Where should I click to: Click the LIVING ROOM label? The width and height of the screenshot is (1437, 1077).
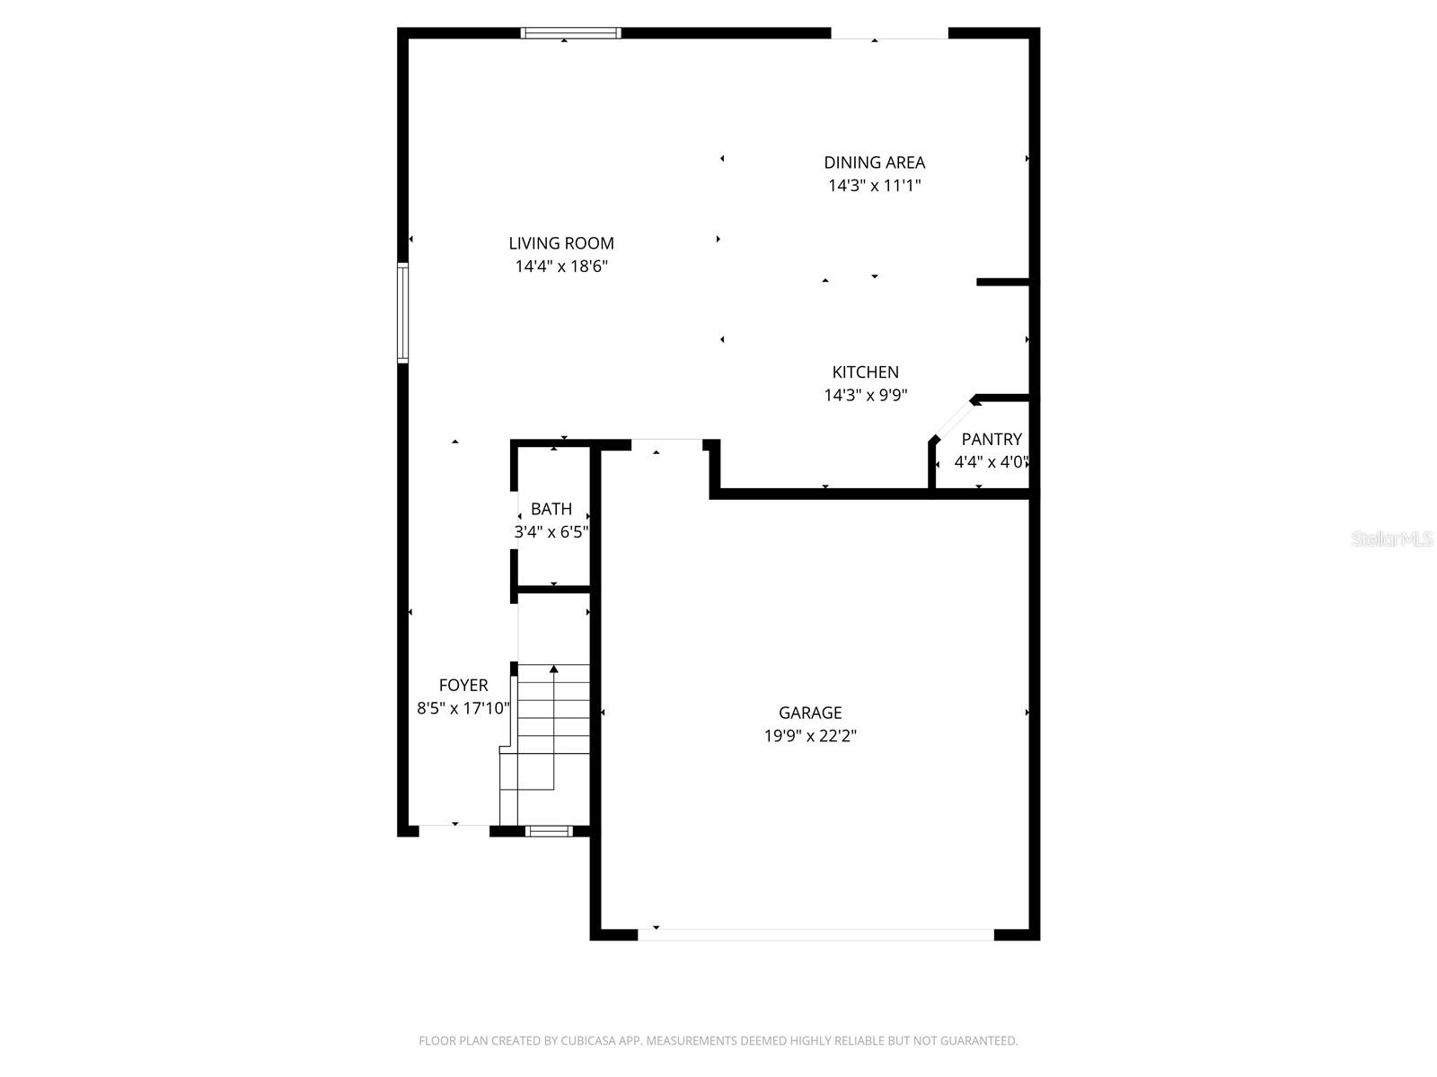tap(561, 243)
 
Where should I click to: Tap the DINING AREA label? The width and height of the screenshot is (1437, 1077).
tap(874, 162)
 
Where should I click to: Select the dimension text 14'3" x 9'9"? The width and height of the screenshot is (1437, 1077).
tap(865, 396)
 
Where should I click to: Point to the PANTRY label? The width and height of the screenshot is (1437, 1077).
tap(992, 439)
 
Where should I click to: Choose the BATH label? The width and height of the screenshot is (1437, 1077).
tap(551, 509)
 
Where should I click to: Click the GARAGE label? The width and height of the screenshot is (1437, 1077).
tap(810, 713)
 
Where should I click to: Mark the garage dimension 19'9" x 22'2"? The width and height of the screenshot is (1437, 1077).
tap(810, 736)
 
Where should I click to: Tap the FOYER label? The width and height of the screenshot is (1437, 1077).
tap(463, 685)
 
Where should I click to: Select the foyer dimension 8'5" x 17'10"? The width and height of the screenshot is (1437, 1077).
tap(463, 708)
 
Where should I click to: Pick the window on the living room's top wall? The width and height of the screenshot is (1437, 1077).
tap(571, 33)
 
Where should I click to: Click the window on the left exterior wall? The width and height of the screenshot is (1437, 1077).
tap(403, 312)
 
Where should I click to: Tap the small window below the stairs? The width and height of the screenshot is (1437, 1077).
tap(549, 831)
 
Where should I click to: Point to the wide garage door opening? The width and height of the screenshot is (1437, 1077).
tap(815, 934)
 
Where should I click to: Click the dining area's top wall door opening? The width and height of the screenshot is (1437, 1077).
tap(889, 34)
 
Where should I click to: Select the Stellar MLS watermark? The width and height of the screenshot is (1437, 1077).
tap(1392, 539)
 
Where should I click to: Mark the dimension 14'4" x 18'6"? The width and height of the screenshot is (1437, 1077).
tap(561, 267)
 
